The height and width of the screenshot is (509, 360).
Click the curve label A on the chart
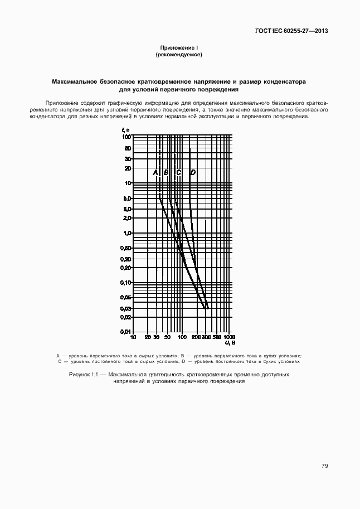155,172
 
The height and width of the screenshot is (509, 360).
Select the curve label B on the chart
166,172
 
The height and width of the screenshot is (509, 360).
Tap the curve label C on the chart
179,172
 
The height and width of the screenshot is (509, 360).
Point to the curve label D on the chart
193,172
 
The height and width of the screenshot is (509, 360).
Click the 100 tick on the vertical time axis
127,137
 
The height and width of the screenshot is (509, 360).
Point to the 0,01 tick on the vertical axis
126,332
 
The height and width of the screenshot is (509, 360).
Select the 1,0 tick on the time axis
127,233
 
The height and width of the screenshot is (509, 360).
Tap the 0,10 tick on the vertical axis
126,283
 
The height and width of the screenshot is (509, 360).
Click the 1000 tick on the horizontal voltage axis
230,337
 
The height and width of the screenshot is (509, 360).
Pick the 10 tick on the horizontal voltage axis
133,337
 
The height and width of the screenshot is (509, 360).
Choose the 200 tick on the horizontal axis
196,337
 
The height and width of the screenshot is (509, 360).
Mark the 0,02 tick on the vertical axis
126,317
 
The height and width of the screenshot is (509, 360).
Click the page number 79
324,466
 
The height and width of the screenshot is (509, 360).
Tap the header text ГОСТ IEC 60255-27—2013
288,31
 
